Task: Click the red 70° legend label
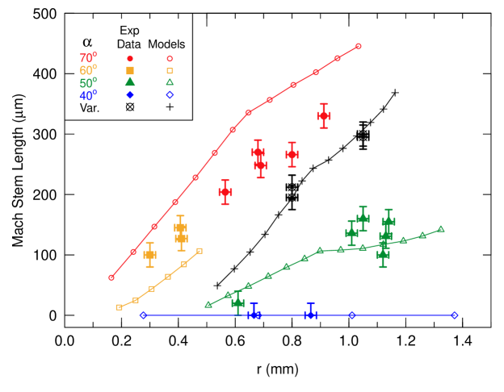click(88, 58)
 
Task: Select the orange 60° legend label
click(88, 70)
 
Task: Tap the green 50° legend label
click(88, 82)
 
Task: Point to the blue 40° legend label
click(88, 95)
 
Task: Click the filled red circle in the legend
click(130, 59)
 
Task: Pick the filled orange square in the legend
click(130, 70)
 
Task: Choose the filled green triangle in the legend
click(130, 81)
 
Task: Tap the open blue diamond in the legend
click(170, 94)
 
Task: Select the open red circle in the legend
click(170, 59)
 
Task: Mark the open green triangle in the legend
click(170, 82)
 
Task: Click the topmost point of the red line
click(359, 46)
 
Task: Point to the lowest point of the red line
click(111, 277)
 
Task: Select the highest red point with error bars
click(324, 115)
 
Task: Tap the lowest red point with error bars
click(225, 192)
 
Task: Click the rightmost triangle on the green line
click(441, 228)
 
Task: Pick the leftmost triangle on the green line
click(208, 305)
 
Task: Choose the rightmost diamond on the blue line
click(455, 315)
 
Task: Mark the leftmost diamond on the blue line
click(144, 315)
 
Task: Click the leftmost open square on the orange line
click(119, 307)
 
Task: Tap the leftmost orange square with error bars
click(149, 255)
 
